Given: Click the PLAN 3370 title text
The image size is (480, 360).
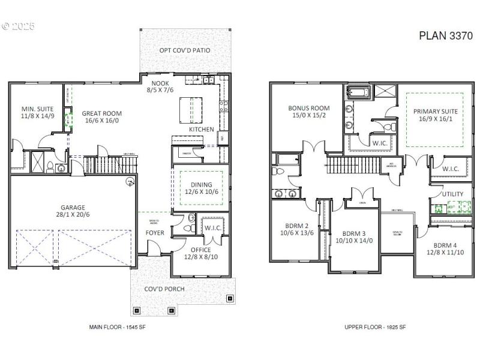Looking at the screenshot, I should [446, 36].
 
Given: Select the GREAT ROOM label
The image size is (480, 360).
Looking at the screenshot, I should [101, 113].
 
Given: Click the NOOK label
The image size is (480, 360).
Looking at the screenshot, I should [160, 83].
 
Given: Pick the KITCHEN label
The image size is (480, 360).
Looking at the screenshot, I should [202, 130].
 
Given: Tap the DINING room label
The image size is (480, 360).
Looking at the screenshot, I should [201, 185].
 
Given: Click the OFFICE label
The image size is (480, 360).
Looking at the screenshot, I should [201, 250].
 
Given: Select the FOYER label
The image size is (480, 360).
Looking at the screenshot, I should [155, 233].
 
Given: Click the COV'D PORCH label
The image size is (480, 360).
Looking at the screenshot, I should [164, 289].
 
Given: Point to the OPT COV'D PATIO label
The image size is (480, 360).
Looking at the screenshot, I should [185, 50].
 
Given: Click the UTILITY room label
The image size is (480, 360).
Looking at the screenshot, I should [452, 194].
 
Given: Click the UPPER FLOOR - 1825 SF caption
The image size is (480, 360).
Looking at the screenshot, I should [375, 327].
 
